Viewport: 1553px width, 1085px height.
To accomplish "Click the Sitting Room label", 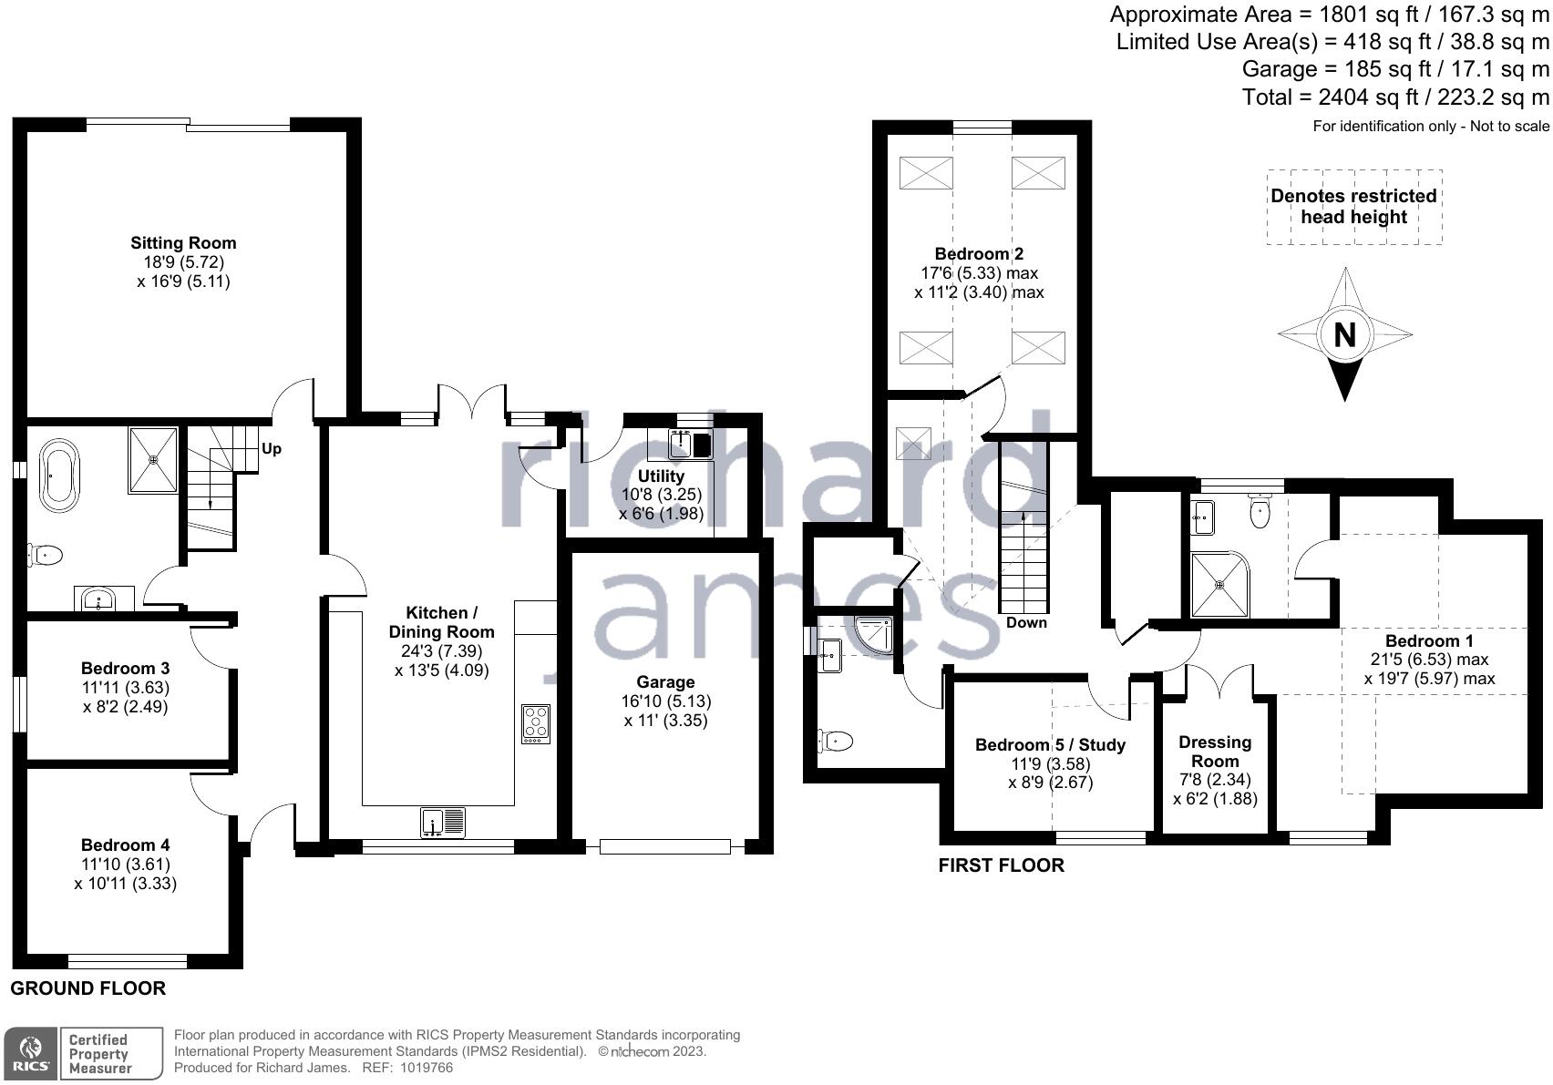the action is pos(184,242).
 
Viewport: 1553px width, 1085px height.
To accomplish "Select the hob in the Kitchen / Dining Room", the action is pos(536,725).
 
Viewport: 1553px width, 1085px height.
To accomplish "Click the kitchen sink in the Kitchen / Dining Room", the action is pos(443,824).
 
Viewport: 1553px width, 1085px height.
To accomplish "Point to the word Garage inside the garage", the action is pos(665,682).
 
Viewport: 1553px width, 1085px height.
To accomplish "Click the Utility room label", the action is pos(661,476).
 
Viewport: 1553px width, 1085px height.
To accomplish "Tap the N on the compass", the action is pos(1345,335).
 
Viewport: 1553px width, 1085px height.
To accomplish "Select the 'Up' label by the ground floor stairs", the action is pos(271,449).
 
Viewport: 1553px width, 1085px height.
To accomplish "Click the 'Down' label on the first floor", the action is pos(1027,622).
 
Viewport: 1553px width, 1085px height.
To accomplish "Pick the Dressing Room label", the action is pos(1216,751).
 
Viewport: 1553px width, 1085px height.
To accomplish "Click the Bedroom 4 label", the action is pos(126,845).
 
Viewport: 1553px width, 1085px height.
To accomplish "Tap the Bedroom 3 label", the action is pos(126,669).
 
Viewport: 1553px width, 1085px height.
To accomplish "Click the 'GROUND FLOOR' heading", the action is pos(88,988).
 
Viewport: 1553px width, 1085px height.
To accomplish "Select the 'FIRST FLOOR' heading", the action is pos(1001,865).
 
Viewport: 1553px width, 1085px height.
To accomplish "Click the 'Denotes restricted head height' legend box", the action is pos(1354,207).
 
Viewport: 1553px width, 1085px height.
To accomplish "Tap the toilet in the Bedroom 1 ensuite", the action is pos(1260,511).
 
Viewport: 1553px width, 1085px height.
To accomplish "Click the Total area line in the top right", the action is pos(1395,97).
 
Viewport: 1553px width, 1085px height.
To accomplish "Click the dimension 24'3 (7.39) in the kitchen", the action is pos(442,651).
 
